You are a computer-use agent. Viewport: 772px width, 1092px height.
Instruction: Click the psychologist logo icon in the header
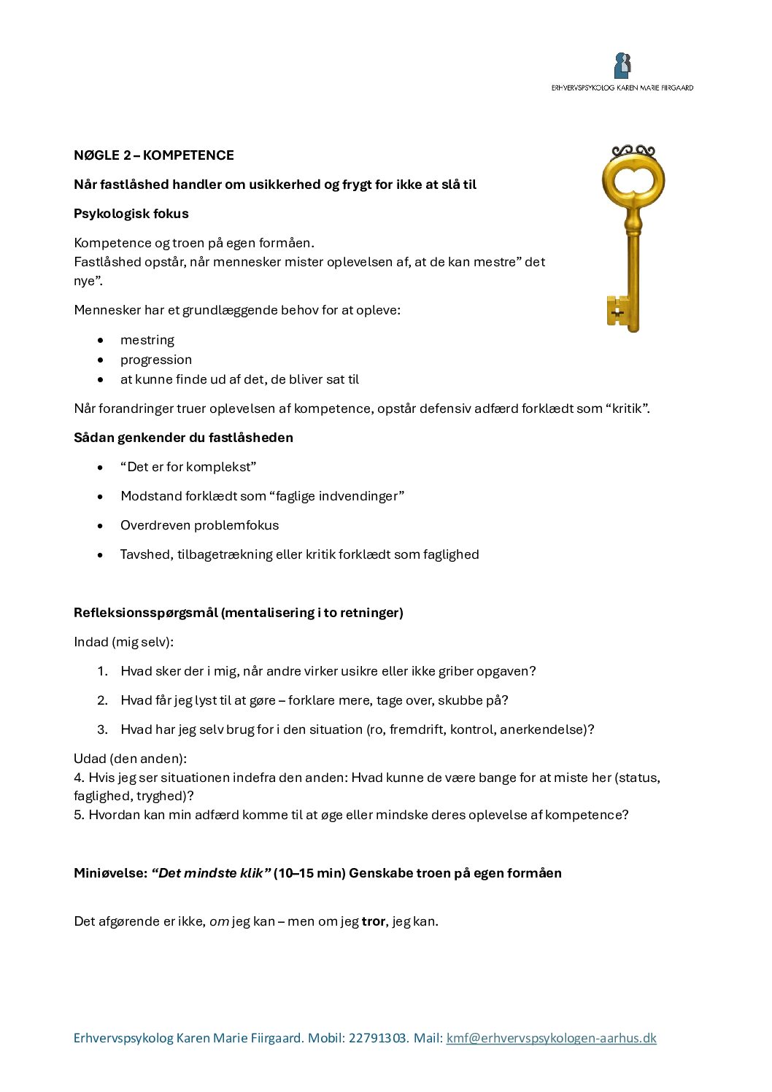pos(622,66)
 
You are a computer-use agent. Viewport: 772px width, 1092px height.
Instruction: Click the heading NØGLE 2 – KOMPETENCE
pos(154,155)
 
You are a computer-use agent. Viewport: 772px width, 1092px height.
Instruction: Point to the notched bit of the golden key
pos(617,311)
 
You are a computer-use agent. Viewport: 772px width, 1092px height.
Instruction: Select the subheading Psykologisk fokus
pos(131,214)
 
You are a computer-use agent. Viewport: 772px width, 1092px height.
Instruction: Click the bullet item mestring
pos(147,340)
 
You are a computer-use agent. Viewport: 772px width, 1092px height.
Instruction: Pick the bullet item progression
pos(156,360)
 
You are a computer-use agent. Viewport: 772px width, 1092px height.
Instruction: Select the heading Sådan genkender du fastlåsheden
pos(183,438)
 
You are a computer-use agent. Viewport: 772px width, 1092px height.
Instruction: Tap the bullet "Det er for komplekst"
pos(188,467)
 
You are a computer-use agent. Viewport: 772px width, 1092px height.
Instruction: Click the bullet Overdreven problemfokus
pos(199,525)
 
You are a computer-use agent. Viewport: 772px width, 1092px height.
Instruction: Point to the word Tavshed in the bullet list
pos(145,554)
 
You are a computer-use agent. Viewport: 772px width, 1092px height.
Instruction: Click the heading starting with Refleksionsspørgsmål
pos(239,613)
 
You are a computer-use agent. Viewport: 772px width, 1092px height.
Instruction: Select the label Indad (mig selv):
pos(124,642)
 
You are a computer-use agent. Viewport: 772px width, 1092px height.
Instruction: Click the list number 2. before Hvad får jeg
pos(102,700)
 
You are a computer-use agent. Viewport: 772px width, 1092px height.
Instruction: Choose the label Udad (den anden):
pos(130,759)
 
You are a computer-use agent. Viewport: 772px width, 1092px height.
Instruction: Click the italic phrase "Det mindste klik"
pos(211,873)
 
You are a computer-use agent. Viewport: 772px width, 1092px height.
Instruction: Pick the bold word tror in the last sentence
pos(373,921)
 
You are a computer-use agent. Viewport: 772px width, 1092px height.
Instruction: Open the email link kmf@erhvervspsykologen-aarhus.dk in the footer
pos(551,1038)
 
